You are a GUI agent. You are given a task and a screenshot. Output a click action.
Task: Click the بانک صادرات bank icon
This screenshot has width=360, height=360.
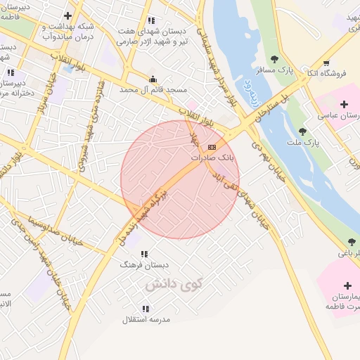(x=212, y=146)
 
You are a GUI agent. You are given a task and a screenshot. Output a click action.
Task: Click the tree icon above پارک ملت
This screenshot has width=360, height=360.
(x=302, y=131)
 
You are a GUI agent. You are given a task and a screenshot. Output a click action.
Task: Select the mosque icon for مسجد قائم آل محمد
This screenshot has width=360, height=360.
(x=153, y=79)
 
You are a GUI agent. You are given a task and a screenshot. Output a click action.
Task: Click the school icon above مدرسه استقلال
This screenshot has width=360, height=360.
(x=146, y=308)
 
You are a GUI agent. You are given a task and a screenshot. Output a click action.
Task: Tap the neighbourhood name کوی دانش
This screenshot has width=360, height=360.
(x=173, y=285)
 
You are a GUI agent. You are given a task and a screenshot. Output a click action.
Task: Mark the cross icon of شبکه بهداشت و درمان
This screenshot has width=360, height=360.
(x=67, y=15)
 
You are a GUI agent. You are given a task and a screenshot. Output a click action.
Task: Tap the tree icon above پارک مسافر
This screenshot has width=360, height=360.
(x=275, y=59)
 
